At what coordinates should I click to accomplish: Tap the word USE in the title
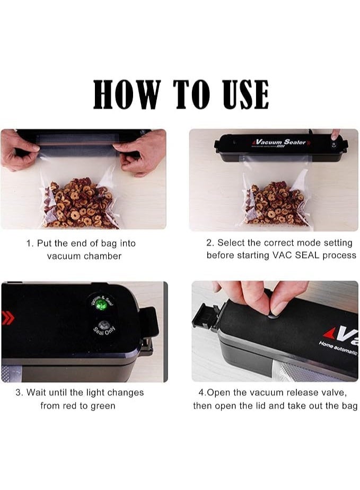click(239, 95)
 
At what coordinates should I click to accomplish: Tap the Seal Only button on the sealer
click(102, 327)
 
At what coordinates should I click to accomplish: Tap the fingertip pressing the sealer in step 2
click(335, 136)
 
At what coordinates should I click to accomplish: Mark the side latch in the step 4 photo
click(207, 317)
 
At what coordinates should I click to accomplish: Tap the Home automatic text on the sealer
click(337, 350)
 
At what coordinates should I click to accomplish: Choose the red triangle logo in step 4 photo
click(330, 333)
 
